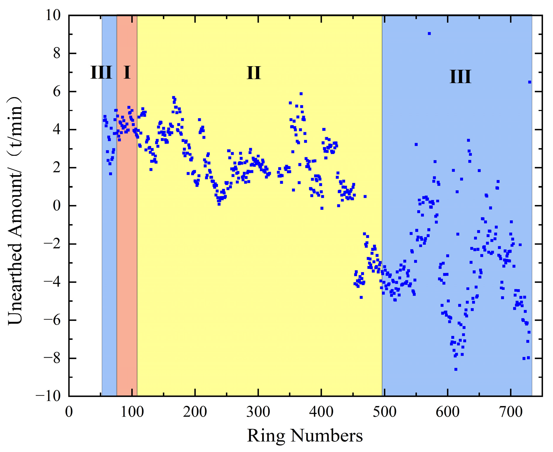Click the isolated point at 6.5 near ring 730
pyautogui.click(x=530, y=82)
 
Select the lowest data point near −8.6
pyautogui.click(x=456, y=369)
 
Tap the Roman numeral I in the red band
pyautogui.click(x=127, y=72)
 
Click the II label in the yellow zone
pyautogui.click(x=254, y=73)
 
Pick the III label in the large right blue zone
pyautogui.click(x=460, y=77)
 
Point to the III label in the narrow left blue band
pyautogui.click(x=101, y=72)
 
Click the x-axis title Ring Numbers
pyautogui.click(x=305, y=436)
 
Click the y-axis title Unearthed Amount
pyautogui.click(x=15, y=211)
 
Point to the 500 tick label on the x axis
pyautogui.click(x=384, y=412)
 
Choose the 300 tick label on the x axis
pyautogui.click(x=258, y=412)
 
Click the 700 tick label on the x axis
pyautogui.click(x=511, y=412)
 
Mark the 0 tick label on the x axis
pyautogui.click(x=69, y=412)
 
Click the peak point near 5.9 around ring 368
pyautogui.click(x=301, y=94)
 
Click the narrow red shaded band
pyautogui.click(x=127, y=236)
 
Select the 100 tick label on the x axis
pyautogui.click(x=132, y=412)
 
